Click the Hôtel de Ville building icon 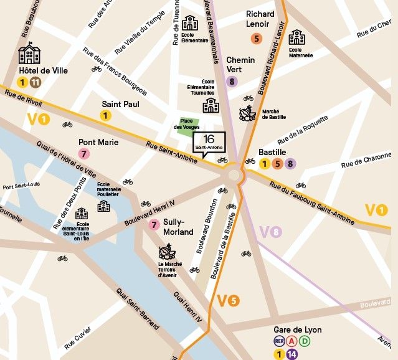click(29, 54)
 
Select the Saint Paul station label click(121, 105)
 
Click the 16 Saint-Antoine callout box click(208, 143)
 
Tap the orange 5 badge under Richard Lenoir click(256, 39)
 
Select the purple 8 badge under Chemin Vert click(232, 81)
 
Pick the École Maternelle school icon click(296, 37)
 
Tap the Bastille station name click(272, 152)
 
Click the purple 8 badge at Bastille click(290, 164)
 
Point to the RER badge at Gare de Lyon click(280, 341)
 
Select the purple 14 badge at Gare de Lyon click(293, 354)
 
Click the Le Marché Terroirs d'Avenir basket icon click(166, 252)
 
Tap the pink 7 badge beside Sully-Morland click(154, 225)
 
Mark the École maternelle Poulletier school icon click(103, 206)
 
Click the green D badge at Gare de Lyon click(305, 341)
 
